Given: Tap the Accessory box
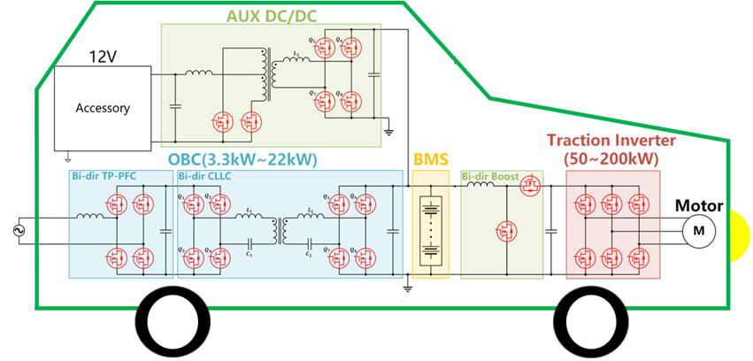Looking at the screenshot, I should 103,108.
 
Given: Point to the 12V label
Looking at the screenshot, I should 103,57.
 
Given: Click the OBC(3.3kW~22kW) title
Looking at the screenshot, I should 241,160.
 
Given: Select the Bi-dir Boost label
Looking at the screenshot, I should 489,176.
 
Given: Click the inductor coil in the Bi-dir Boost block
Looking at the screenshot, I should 480,187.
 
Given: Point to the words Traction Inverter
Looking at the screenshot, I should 611,140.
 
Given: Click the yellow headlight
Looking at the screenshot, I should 741,231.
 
